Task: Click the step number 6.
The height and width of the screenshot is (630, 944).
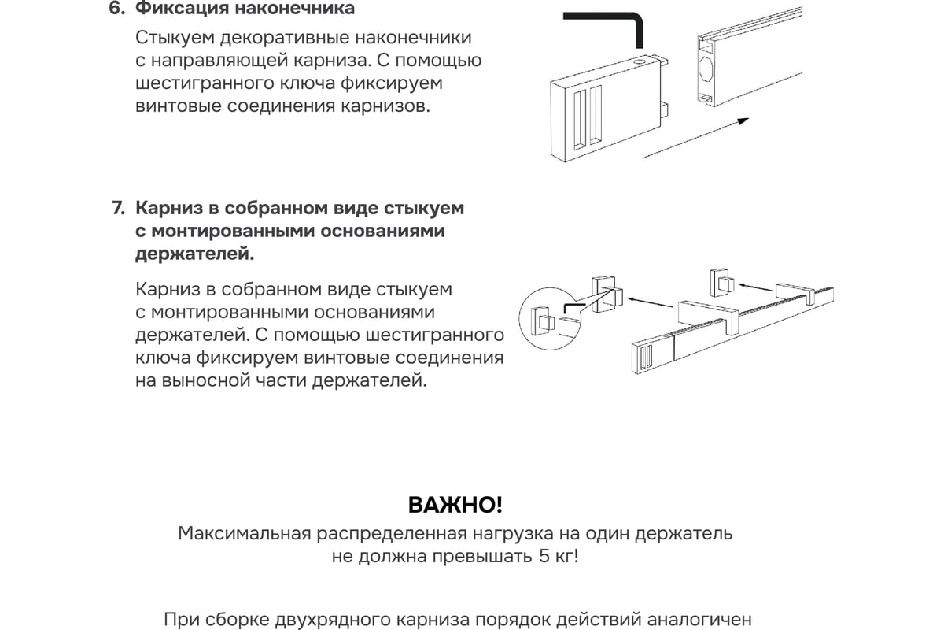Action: click(116, 9)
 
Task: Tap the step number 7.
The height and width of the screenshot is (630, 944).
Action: click(119, 209)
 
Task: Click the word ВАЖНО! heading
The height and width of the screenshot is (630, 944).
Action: click(455, 505)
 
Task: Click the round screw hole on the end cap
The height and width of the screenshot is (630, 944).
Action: click(640, 63)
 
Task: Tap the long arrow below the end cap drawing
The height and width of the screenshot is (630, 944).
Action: click(695, 138)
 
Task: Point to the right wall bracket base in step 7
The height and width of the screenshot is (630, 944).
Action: click(722, 282)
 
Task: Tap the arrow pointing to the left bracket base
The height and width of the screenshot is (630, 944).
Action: click(650, 302)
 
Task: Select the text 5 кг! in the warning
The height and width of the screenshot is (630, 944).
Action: click(559, 556)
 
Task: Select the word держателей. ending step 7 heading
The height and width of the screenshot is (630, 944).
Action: click(195, 254)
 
